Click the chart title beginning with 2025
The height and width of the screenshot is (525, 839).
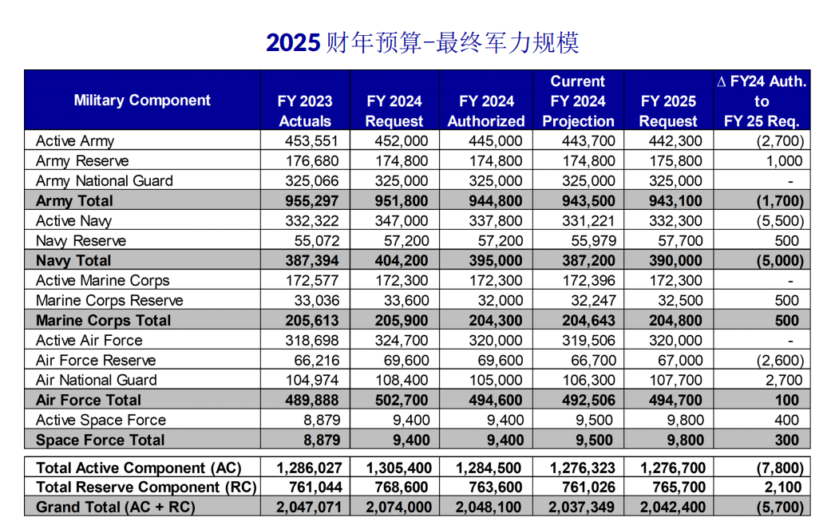tap(422, 42)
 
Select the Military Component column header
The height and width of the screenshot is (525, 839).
tap(142, 101)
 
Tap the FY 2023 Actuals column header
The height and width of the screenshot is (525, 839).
tap(305, 111)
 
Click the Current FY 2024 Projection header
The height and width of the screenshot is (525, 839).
tap(578, 101)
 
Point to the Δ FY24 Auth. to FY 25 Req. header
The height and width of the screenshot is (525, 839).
tap(762, 101)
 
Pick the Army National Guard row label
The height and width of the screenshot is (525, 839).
tap(104, 181)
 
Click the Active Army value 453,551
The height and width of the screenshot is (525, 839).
tap(311, 141)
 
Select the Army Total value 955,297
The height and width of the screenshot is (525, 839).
tap(310, 201)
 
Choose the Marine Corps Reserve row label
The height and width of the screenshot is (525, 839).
tap(109, 301)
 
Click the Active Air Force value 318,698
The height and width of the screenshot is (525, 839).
tap(311, 341)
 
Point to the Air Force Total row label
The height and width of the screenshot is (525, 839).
tap(88, 401)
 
